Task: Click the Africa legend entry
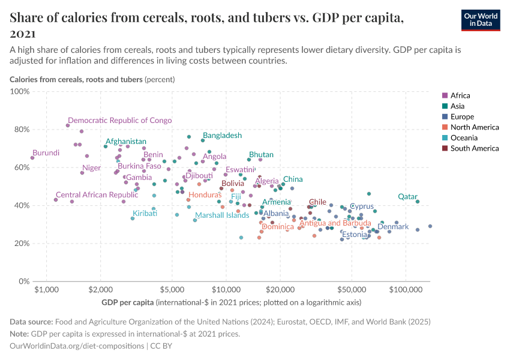coord(460,95)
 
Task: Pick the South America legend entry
coord(474,148)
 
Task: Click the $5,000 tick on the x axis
coord(172,290)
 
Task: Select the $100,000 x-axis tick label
coord(405,290)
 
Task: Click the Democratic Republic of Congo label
coord(119,121)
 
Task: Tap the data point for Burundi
coord(32,158)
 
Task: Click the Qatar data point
coord(418,202)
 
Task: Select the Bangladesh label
coord(222,136)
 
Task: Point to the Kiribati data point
coord(133,218)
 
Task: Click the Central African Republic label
coord(97,195)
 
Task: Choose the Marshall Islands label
coord(222,215)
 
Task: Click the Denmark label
coord(393,226)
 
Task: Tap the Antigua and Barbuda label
coord(335,223)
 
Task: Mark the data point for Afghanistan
coord(106,146)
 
